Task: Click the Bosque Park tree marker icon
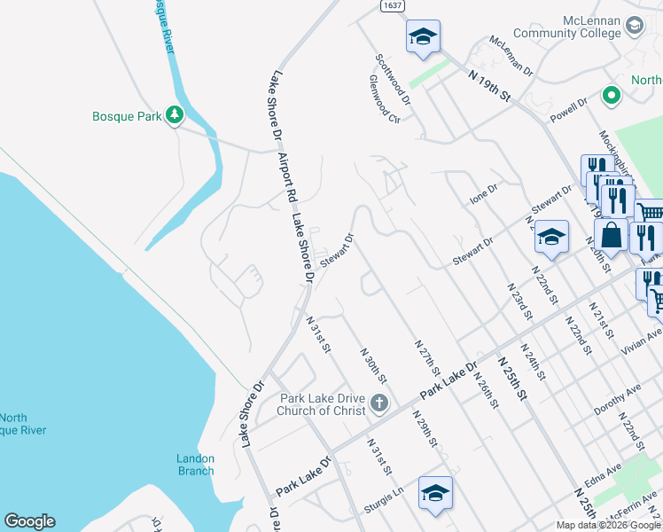(175, 114)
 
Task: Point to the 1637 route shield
(393, 5)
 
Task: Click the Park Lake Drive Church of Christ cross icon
(379, 404)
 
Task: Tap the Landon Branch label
(195, 465)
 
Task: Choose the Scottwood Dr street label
(393, 79)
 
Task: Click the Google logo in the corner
(29, 521)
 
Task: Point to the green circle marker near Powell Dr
(610, 95)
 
